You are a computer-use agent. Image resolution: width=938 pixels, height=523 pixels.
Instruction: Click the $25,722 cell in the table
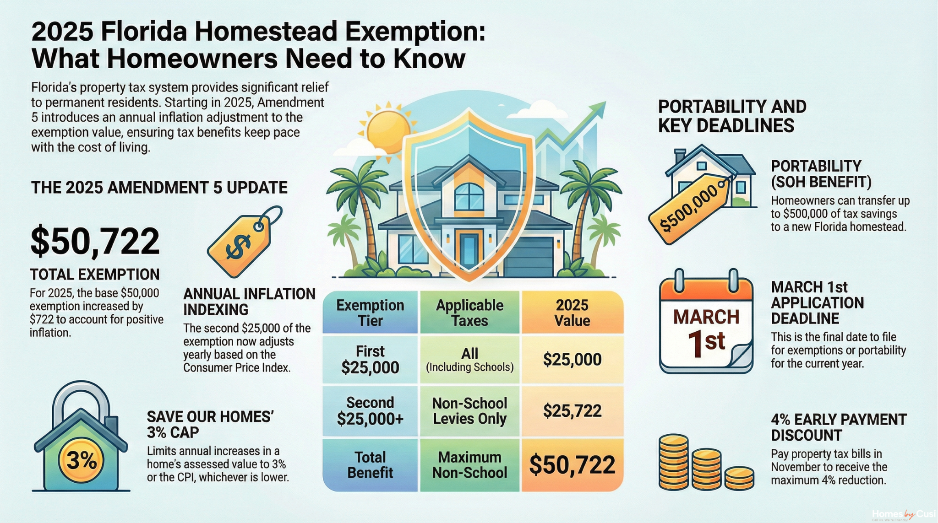click(572, 411)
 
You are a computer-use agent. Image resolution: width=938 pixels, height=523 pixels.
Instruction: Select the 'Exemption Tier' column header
click(370, 313)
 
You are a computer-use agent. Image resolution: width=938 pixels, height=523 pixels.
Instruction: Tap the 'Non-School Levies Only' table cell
click(469, 411)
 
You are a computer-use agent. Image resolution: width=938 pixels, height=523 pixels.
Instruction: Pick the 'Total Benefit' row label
click(370, 464)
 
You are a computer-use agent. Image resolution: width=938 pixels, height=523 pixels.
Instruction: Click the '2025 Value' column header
click(572, 313)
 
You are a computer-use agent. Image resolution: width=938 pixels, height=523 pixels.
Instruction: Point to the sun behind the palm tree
click(388, 131)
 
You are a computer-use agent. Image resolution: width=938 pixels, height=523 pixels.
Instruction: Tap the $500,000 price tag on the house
click(690, 208)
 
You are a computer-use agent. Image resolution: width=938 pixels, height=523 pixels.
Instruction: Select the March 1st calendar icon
click(706, 324)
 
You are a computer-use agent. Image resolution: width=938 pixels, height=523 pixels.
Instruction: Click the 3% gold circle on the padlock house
click(82, 460)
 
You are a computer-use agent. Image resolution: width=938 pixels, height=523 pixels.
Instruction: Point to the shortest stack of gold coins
click(739, 478)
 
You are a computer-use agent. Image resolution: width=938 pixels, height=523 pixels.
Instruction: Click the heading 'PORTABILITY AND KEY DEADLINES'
click(732, 116)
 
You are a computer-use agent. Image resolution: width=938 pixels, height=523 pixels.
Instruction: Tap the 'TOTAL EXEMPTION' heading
click(95, 275)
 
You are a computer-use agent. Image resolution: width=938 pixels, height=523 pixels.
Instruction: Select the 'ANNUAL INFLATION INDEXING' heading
click(249, 302)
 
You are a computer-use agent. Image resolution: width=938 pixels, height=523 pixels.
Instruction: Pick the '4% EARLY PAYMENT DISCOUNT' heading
click(838, 427)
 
